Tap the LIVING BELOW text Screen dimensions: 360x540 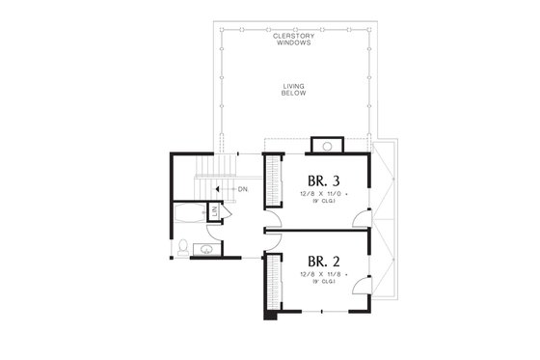[x=293, y=90]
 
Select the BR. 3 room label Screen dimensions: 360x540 [x=324, y=180]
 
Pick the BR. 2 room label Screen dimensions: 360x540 [x=324, y=262]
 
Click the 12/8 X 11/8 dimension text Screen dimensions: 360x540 [x=321, y=276]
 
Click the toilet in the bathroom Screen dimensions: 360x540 [x=183, y=248]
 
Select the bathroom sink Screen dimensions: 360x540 [x=205, y=250]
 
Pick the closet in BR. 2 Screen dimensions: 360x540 [x=273, y=283]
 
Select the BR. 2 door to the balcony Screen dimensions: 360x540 [x=362, y=284]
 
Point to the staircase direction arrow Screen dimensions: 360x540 [x=221, y=189]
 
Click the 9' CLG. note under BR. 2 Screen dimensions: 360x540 [x=321, y=285]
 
